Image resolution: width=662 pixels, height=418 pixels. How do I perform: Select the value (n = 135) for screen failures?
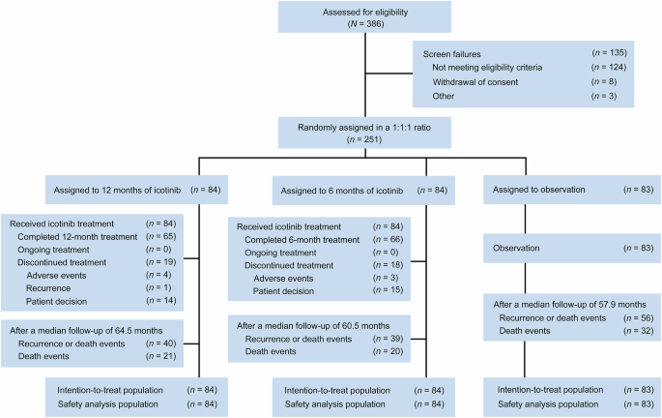(609, 51)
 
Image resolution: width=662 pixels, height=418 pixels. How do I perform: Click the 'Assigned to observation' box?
(566, 190)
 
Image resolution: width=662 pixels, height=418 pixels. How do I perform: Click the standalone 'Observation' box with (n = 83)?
(566, 248)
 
